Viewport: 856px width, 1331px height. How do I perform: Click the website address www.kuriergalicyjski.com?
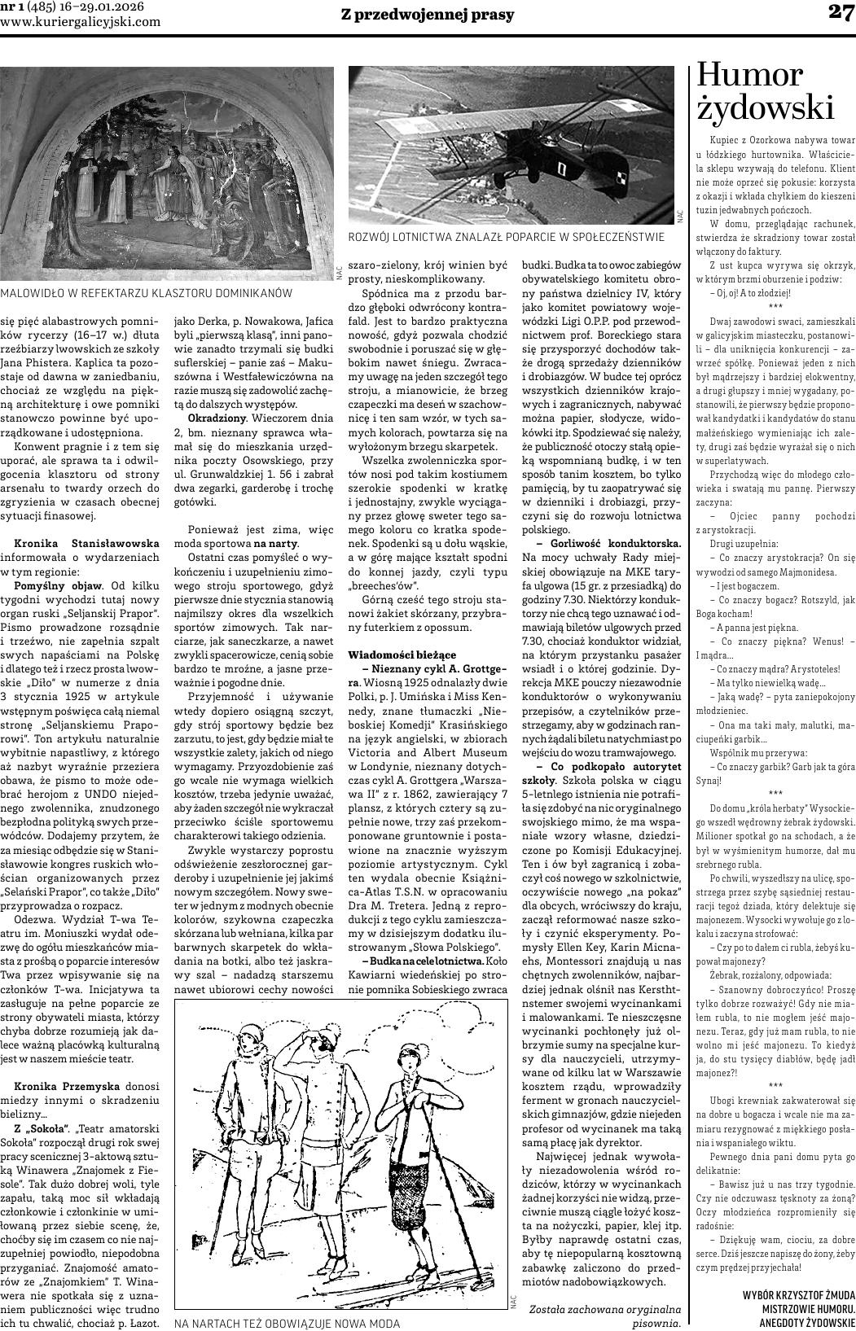click(x=81, y=22)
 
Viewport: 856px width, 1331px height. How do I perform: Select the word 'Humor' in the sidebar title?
click(x=749, y=76)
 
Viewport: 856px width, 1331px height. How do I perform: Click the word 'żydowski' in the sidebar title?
click(x=765, y=108)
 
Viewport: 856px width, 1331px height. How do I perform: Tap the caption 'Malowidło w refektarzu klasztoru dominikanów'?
click(x=146, y=292)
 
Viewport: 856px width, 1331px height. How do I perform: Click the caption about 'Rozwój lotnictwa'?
click(x=506, y=237)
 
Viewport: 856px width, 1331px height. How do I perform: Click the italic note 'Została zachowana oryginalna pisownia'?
click(x=604, y=1316)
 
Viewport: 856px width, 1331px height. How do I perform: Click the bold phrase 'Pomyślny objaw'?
click(x=57, y=586)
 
